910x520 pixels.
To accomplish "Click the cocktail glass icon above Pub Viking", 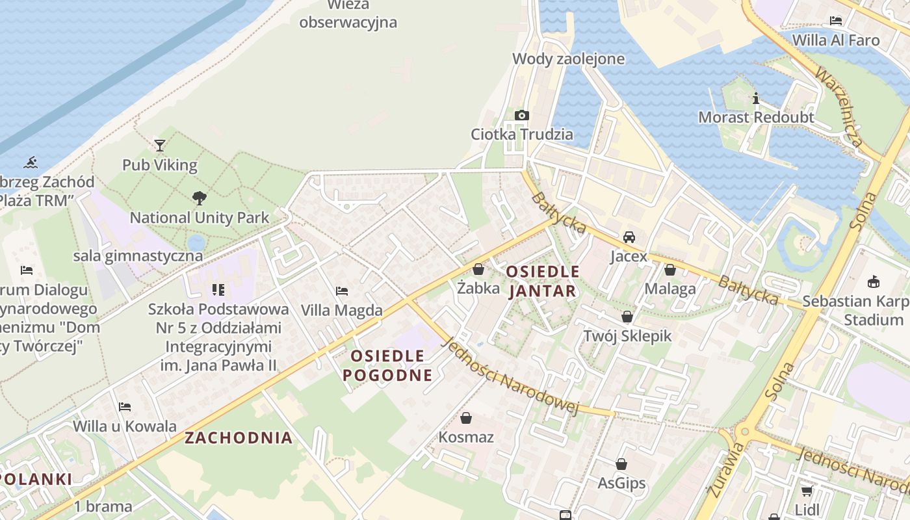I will tap(160, 145).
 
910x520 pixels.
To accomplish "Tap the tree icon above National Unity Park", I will tap(199, 198).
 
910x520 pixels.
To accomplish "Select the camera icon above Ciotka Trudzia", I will tap(521, 115).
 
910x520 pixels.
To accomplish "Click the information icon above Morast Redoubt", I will tap(756, 99).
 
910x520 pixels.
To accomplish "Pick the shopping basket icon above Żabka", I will tap(478, 268).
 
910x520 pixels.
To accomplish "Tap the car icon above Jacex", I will tap(629, 237).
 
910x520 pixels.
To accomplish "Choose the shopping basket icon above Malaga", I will tap(670, 269).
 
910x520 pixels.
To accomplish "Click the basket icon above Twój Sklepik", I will tap(627, 317).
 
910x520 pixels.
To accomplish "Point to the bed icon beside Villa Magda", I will tap(342, 291).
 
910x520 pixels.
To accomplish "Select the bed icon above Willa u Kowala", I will tap(125, 407).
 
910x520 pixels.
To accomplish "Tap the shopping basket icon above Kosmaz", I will tap(465, 417).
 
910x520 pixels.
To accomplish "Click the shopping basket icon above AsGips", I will tap(621, 464).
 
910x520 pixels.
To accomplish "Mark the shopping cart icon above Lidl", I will tap(807, 491).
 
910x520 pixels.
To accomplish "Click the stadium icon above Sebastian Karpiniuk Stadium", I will tap(873, 281).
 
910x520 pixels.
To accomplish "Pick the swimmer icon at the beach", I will tap(31, 162).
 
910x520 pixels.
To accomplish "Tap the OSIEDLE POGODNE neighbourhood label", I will tap(387, 365).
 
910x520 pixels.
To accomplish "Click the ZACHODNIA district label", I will tap(239, 437).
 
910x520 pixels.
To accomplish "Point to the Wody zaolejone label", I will tap(568, 59).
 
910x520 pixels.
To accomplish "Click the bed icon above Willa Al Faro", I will tap(836, 21).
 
